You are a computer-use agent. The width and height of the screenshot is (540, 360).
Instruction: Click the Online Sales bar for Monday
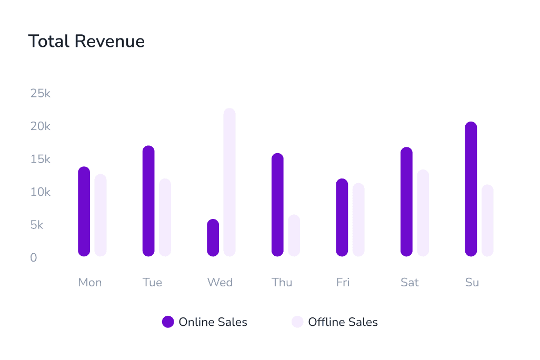pos(84,212)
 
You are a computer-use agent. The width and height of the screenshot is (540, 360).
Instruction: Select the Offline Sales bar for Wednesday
pos(229,182)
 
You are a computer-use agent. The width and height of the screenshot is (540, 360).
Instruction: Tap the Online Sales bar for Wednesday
pos(213,238)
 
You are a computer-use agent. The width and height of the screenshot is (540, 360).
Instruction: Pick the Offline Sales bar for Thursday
pos(294,235)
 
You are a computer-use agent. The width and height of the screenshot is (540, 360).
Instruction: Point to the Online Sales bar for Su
pos(471,189)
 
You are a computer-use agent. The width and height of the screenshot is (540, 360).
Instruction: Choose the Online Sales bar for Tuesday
pos(148,201)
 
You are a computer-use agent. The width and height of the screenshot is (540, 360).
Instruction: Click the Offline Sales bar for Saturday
pos(423,213)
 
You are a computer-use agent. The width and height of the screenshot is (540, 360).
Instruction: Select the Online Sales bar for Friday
pos(342,217)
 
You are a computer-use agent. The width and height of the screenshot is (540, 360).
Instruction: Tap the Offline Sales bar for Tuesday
pos(165,217)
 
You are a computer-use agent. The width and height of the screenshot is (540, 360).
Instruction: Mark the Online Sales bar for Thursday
pos(277,205)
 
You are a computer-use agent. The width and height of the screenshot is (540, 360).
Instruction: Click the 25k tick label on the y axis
pos(41,94)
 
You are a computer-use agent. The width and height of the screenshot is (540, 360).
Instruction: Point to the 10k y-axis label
pos(41,192)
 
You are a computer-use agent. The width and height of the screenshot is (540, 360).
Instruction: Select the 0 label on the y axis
pos(34,258)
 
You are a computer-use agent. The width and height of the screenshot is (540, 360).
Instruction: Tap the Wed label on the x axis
pos(220,283)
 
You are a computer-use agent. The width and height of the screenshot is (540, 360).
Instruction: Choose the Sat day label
pos(409,283)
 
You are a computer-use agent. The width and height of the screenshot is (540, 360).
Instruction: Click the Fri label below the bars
pos(343,283)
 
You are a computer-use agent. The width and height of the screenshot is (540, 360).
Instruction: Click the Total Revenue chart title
pos(86,41)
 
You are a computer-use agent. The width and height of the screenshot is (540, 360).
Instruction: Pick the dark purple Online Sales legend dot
pos(168,322)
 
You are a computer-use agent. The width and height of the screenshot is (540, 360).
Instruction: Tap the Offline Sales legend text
pos(343,322)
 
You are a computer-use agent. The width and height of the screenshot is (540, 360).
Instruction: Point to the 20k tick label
pos(41,126)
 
